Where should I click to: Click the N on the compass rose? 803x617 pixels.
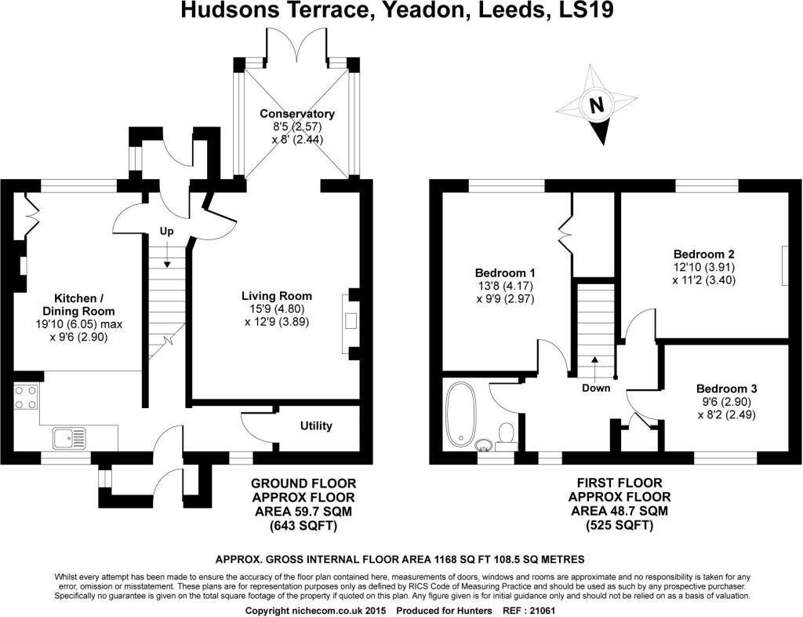point(597,105)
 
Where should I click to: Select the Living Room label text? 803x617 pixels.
point(277,296)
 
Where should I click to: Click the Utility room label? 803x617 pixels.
point(316,425)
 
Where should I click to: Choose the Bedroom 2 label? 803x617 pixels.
point(703,254)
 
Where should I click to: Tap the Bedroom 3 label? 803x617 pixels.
point(726,389)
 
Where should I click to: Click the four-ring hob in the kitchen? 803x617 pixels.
point(26,396)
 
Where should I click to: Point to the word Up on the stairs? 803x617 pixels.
point(165,231)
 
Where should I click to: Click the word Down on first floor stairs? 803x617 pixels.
point(595,388)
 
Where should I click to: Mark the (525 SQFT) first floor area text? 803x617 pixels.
point(619,525)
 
